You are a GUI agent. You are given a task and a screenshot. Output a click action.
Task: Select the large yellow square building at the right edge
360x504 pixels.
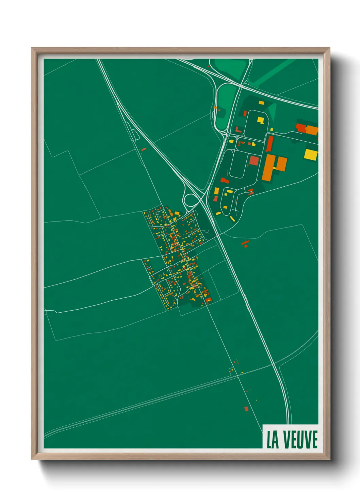coord(310,154)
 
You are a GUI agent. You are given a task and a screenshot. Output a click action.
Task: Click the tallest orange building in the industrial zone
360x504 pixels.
coord(268,168)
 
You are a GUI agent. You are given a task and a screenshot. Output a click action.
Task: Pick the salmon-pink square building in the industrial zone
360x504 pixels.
coord(254,160)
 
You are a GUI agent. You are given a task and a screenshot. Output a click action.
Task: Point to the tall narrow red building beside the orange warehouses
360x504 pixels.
coord(269,144)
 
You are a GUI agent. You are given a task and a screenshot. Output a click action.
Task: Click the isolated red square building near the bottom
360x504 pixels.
coord(246,408)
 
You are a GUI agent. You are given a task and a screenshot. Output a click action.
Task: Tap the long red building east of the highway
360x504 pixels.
coord(245,243)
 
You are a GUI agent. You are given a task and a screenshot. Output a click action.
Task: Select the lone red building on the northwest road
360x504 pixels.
coord(144,149)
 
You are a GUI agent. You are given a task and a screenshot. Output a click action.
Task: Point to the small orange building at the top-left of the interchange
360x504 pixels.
coord(215,108)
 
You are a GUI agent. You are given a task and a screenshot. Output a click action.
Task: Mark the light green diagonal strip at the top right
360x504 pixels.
coord(272,72)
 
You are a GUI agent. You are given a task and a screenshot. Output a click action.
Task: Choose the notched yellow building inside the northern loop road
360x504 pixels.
coord(261,120)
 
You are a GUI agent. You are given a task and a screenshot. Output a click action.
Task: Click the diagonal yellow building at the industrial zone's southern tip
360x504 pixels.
coord(232,218)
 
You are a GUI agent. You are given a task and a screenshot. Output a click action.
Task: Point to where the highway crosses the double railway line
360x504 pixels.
coord(275,365)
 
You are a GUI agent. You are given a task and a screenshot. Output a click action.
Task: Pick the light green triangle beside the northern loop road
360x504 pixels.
coord(272,111)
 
